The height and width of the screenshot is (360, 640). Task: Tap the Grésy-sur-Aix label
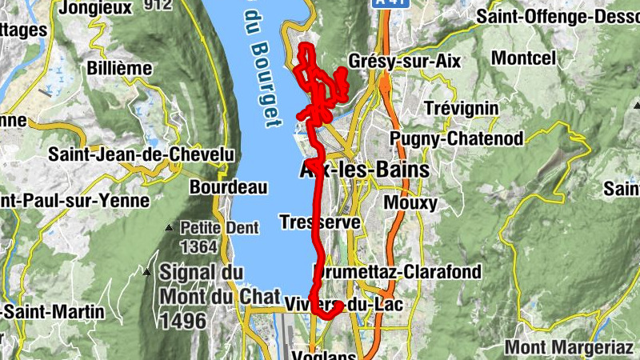405,62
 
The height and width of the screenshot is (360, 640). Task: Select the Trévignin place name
462,108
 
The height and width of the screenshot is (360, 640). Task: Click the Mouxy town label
410,202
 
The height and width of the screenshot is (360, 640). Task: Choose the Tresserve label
320,222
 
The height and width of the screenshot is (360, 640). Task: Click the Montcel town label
523,58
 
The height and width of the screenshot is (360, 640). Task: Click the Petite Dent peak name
219,228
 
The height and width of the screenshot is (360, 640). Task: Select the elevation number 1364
199,246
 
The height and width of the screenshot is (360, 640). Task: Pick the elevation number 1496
183,321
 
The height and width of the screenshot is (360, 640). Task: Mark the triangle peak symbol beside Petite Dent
169,228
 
